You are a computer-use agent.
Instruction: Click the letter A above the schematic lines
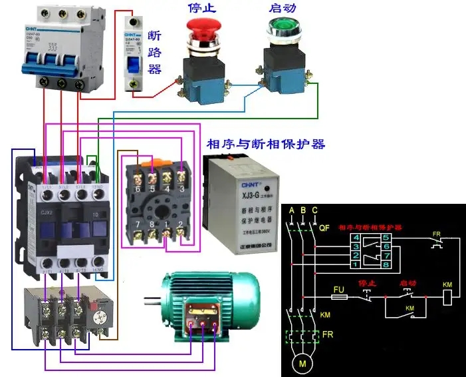291,210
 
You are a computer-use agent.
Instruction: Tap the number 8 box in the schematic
386,265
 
